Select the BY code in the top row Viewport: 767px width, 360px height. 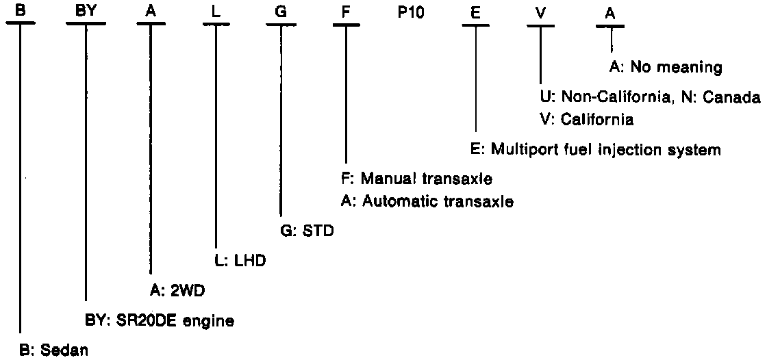coord(86,12)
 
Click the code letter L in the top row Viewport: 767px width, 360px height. coord(216,12)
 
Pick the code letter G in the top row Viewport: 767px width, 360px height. coord(280,12)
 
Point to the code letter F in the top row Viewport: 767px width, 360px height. coord(345,12)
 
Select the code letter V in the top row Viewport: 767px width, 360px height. coord(541,12)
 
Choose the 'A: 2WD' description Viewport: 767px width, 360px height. coord(178,291)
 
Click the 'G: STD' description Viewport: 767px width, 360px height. coord(307,231)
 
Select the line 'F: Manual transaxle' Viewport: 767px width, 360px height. coord(416,179)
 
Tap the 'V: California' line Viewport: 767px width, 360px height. coord(586,119)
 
